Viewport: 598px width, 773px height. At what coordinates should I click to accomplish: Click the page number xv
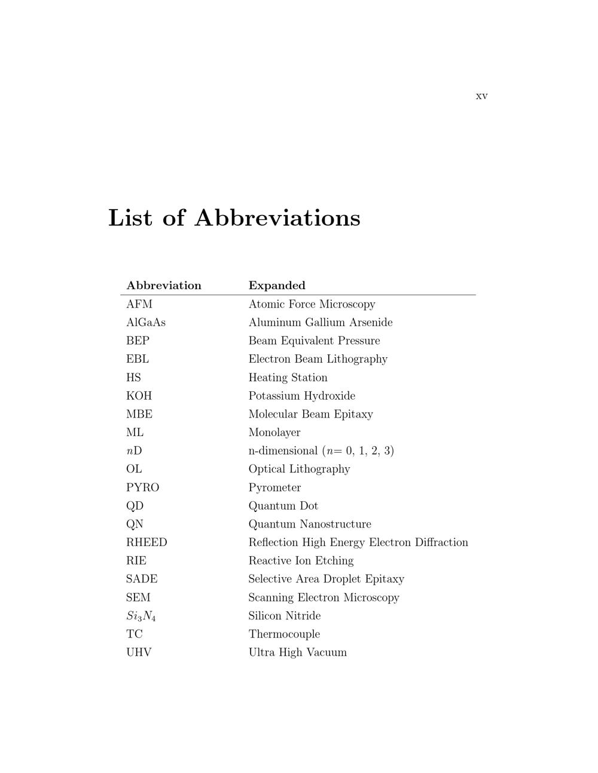tap(481, 96)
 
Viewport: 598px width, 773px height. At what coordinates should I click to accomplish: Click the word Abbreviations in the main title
tap(277, 218)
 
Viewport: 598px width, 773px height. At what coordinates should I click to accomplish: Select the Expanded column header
tap(277, 286)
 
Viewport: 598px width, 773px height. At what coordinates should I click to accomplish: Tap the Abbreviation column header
tap(164, 286)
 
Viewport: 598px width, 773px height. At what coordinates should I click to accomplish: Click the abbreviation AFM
tap(139, 304)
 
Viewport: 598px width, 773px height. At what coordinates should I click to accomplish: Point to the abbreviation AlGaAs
tap(146, 323)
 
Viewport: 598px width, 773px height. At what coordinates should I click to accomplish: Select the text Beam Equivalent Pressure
tap(314, 341)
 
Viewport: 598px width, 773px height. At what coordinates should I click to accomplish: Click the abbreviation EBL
tap(138, 359)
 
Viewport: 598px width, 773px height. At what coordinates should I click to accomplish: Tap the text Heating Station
tap(288, 378)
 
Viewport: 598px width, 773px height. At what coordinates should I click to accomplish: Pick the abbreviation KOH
tap(139, 396)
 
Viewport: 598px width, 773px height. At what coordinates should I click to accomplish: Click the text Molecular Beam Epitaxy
tap(310, 414)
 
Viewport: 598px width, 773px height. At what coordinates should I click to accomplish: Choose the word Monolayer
tap(274, 432)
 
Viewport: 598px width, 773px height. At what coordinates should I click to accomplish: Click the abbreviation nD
tap(134, 451)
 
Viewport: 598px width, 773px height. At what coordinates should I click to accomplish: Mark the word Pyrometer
tap(274, 487)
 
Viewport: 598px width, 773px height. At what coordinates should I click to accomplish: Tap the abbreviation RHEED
tap(147, 542)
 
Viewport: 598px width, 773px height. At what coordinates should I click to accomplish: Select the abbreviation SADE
tap(142, 579)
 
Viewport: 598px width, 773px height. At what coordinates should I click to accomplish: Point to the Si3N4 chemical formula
tap(141, 616)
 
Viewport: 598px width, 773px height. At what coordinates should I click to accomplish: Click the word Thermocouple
tap(284, 634)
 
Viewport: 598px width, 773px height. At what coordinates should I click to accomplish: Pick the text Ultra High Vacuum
tap(297, 652)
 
